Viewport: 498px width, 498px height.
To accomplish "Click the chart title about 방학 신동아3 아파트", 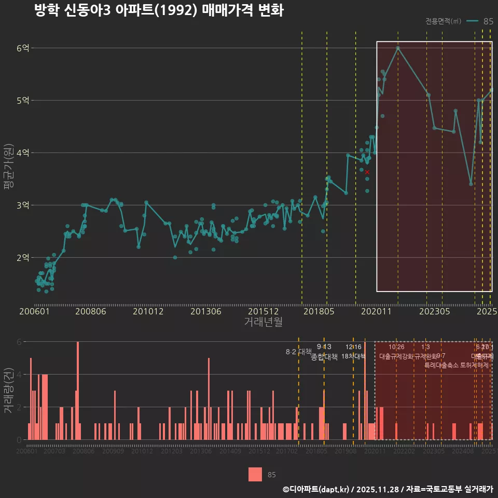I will point(158,11).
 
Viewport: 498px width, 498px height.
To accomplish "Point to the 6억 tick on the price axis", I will point(22,48).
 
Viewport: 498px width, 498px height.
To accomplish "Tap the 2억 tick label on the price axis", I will point(22,258).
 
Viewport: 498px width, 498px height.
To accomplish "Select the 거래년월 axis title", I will point(263,322).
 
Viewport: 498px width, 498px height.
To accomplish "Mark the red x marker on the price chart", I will point(367,172).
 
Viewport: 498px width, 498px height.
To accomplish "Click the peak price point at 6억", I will point(398,48).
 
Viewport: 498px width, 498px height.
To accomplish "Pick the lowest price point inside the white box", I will point(471,184).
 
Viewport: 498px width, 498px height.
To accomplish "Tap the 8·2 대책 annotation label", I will point(298,352).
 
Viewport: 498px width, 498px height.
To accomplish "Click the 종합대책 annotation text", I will point(324,357).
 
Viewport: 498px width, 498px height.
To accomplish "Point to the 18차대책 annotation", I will point(353,356).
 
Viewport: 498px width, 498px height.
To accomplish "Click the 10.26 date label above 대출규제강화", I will point(396,347).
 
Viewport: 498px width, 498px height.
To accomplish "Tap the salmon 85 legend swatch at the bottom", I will point(255,474).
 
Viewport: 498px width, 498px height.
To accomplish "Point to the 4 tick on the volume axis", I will point(20,375).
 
